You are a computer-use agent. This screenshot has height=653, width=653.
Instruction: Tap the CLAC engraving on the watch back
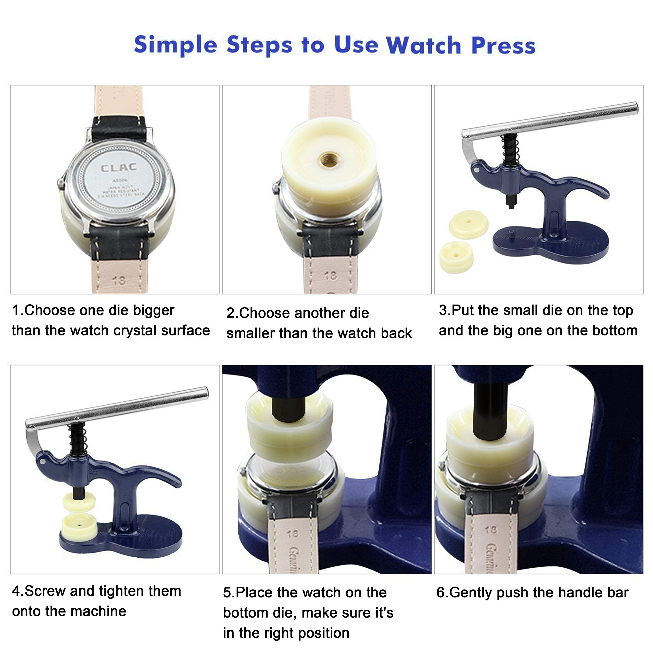[x=119, y=168]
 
